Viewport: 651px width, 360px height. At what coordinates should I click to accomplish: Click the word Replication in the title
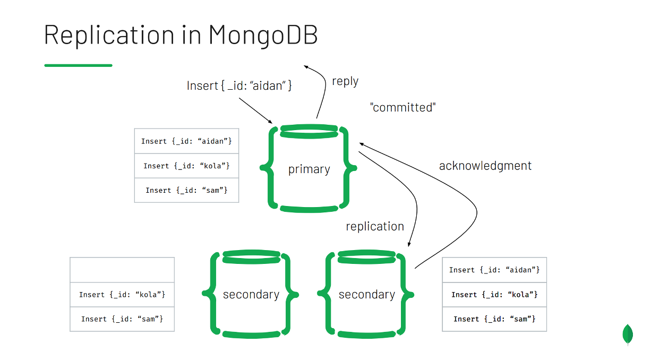coord(108,35)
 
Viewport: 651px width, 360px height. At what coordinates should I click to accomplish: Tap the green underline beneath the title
coord(78,65)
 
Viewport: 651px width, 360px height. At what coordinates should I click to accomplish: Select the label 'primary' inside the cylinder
coord(309,169)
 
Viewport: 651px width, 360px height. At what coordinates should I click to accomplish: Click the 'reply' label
coord(345,81)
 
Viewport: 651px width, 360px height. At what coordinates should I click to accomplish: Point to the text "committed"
coord(402,107)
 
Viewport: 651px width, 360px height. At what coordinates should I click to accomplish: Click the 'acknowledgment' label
coord(485,166)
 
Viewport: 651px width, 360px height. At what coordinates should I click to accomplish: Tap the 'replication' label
coord(375,226)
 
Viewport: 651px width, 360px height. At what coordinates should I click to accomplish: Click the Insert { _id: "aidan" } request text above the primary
coord(239,85)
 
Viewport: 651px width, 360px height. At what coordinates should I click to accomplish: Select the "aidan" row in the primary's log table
coord(186,141)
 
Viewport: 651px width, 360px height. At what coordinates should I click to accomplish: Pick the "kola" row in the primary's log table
coord(186,166)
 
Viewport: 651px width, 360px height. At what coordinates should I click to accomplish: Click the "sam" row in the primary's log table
coord(186,190)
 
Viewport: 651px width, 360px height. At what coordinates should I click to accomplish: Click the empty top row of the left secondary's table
coord(122,270)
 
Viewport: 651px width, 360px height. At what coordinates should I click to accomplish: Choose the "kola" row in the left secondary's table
coord(122,294)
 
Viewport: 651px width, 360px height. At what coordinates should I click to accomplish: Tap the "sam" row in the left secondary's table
coord(122,319)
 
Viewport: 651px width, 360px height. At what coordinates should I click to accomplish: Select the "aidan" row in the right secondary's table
coord(494,270)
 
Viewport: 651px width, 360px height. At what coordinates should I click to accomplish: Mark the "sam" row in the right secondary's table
coord(494,319)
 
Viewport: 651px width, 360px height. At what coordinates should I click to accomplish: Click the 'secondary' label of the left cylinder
coord(251,295)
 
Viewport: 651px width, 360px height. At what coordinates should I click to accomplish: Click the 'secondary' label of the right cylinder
coord(367,295)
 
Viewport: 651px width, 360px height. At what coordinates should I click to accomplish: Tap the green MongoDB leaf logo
coord(628,335)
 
